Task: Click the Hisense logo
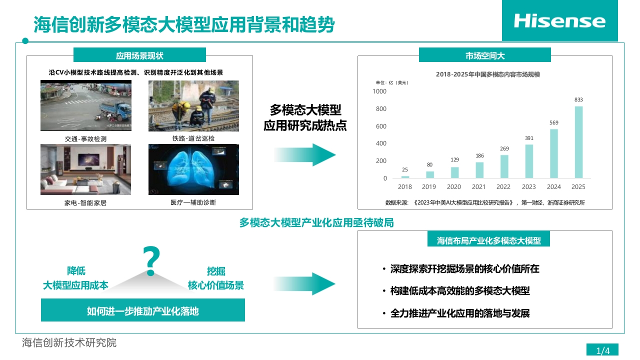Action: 559,21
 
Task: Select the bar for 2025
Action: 578,142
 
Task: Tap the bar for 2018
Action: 405,177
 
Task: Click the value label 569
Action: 553,122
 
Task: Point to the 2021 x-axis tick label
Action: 478,187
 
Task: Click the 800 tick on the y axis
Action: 381,109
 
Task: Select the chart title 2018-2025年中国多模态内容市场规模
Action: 487,74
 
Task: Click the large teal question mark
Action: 151,261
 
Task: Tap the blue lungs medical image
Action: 193,169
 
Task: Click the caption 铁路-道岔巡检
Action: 193,138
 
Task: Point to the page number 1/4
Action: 603,351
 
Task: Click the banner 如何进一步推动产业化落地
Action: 143,310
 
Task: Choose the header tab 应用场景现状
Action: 139,55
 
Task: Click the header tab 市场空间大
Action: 485,55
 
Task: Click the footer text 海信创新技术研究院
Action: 69,343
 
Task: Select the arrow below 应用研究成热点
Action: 304,155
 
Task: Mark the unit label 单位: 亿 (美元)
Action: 392,82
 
